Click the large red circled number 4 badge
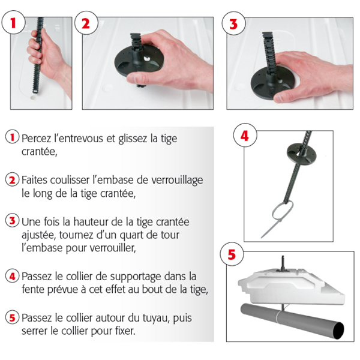click(244, 136)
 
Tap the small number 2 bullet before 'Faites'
click(12, 179)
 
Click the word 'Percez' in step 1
click(37, 138)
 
